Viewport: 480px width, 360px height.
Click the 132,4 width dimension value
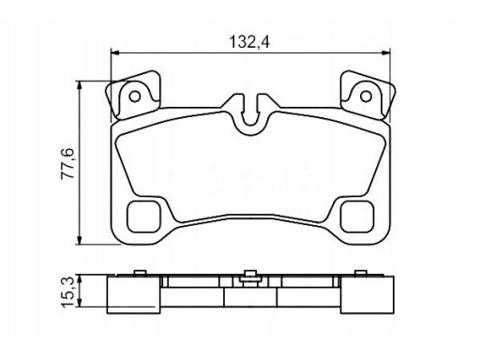click(249, 42)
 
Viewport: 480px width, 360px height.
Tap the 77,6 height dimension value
click(67, 163)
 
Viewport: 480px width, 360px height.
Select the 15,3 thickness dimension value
click(67, 292)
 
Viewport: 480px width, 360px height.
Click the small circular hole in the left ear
click(135, 97)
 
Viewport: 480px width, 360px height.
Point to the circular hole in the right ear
click(366, 97)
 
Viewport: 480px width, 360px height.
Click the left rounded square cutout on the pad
click(143, 217)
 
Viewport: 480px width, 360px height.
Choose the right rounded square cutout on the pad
click(357, 217)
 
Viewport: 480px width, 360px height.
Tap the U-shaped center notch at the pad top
click(250, 114)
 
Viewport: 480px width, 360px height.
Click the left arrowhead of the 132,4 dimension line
click(115, 53)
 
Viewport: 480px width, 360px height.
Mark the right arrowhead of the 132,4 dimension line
click(386, 53)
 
